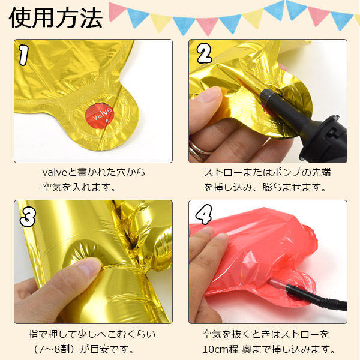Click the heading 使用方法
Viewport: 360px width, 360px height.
56,19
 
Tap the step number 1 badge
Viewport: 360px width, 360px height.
23,55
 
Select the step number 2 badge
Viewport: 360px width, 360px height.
204,53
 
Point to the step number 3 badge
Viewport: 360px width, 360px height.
28,217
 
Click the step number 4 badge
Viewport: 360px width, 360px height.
203,214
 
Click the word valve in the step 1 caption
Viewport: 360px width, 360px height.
55,172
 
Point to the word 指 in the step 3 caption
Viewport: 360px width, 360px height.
34,335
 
